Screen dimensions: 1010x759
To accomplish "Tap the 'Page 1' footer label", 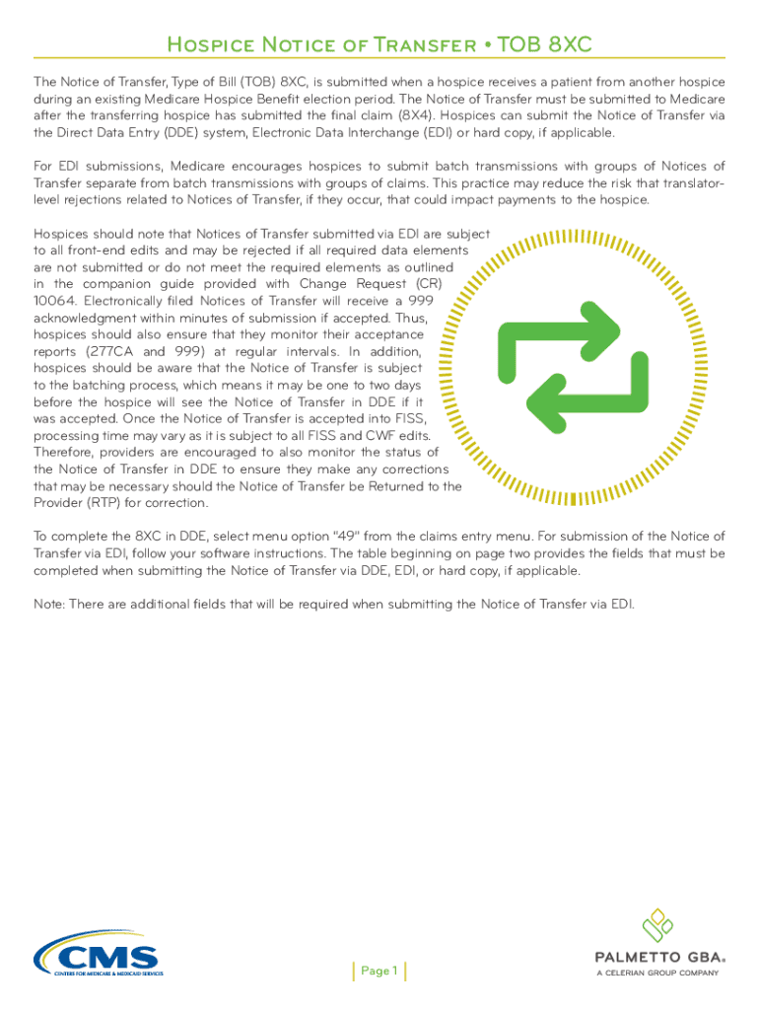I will (379, 971).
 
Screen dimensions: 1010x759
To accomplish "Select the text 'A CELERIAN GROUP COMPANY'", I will (657, 973).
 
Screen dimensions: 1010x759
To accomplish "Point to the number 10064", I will (54, 301).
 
